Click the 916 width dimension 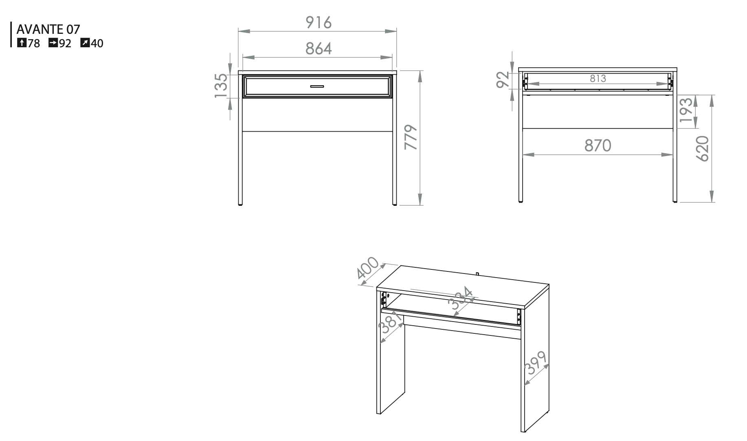pos(319,22)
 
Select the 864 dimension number pos(319,49)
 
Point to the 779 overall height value pos(411,137)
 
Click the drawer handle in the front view pos(317,86)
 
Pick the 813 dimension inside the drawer pos(598,78)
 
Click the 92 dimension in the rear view pos(503,79)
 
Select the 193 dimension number pos(686,110)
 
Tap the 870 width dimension pos(598,146)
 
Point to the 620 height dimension pos(703,149)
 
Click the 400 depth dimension pos(368,269)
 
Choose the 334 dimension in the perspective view pos(461,301)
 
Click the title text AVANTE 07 pos(48,29)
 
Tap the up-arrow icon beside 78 pos(22,42)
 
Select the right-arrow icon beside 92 pos(53,42)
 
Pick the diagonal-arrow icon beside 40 pos(85,42)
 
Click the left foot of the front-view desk pos(240,203)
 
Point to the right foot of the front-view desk pos(394,203)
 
